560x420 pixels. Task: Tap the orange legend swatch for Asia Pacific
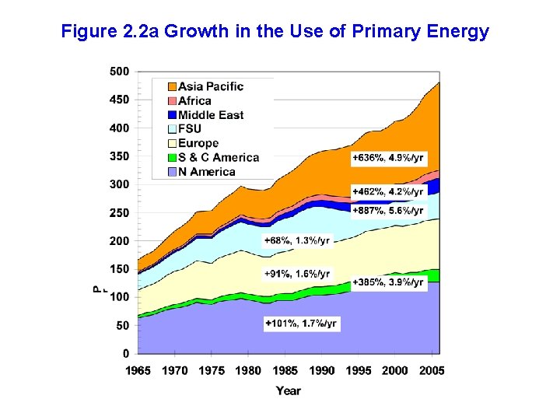coord(171,86)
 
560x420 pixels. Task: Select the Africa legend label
coord(194,100)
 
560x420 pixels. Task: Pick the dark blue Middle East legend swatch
coord(171,115)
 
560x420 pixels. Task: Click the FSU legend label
coord(190,129)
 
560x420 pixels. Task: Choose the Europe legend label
coord(198,143)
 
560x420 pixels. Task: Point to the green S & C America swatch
coord(171,157)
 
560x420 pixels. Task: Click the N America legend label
coord(206,171)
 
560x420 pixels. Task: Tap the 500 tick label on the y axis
coord(119,71)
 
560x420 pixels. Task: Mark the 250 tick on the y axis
coord(119,212)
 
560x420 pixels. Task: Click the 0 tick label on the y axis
coord(125,354)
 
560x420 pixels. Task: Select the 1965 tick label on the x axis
coord(138,370)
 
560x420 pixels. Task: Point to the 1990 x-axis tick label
coord(322,370)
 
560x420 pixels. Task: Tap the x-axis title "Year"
coord(288,390)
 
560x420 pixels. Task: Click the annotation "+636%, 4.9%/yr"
coord(388,158)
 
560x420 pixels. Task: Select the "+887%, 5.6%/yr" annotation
coord(388,210)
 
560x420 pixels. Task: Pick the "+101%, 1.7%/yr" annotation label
coord(301,323)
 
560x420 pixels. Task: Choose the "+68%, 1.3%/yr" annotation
coord(296,240)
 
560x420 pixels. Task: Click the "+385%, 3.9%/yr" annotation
coord(388,282)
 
